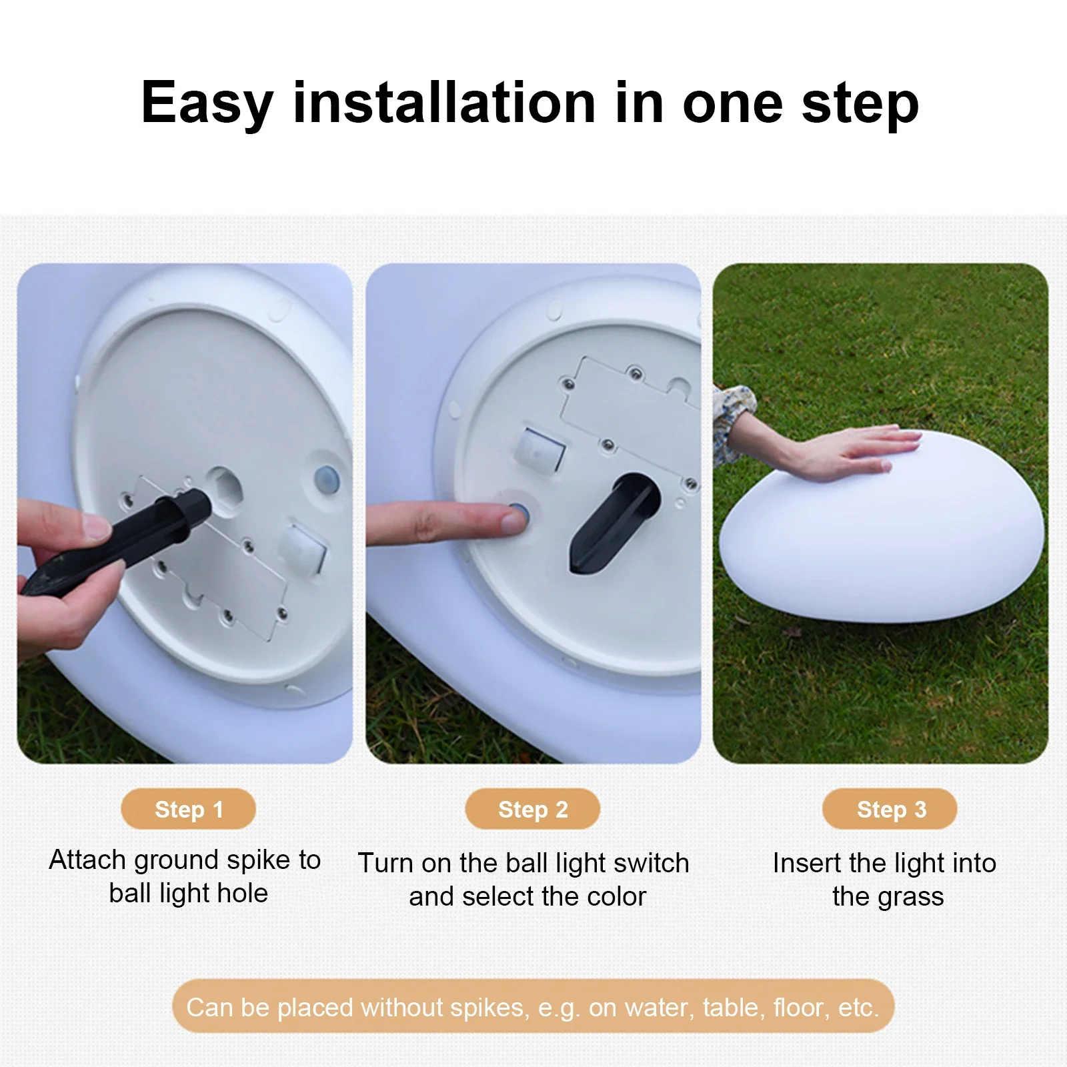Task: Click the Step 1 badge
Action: [x=188, y=809]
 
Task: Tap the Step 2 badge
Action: [x=533, y=809]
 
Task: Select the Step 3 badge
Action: [x=890, y=809]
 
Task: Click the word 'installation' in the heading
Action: [x=444, y=103]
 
